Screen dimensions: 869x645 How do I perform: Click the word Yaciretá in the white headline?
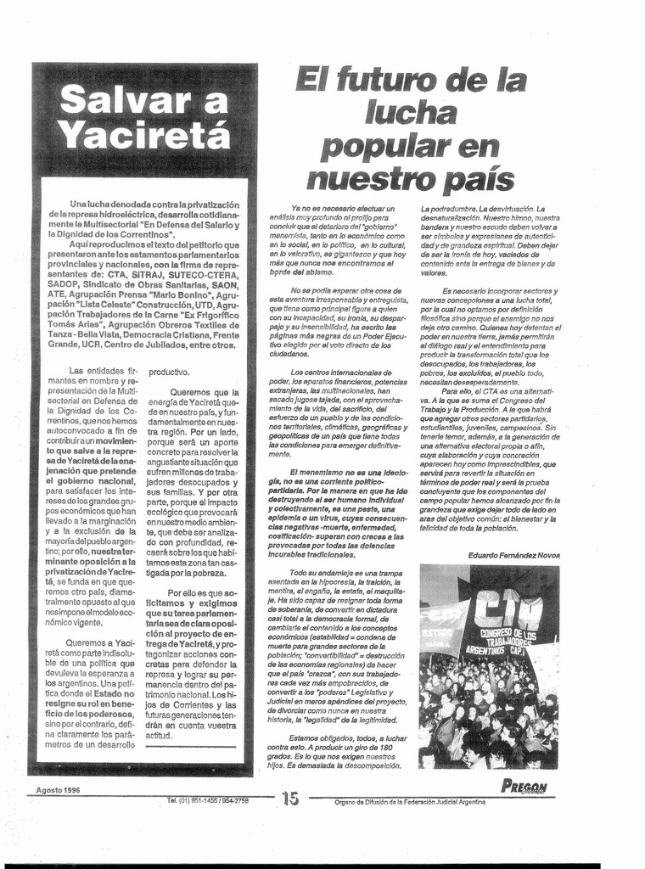[146, 134]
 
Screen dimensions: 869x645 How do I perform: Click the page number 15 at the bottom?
[290, 798]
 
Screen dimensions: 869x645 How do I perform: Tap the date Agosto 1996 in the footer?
[58, 790]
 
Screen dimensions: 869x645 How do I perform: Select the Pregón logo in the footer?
[524, 787]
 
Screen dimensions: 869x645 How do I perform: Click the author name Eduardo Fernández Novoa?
[513, 555]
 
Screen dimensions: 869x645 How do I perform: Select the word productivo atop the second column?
[170, 372]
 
